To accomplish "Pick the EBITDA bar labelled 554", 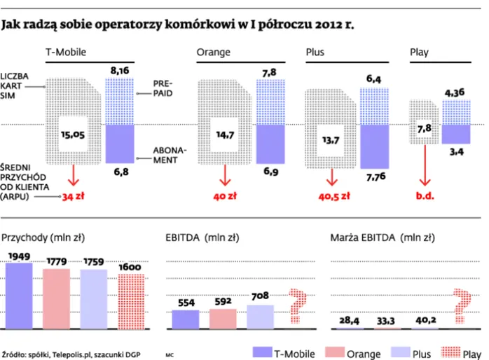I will coord(186,319).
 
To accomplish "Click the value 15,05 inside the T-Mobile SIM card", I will coord(73,135).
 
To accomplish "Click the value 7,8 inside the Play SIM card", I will coord(425,128).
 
